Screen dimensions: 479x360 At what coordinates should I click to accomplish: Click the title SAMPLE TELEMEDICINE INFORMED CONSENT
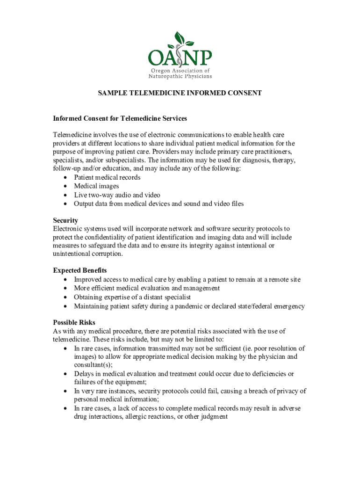180,93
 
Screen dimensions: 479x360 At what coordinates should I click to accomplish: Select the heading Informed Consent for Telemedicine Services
120,118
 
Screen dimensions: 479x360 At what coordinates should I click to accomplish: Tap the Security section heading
65,220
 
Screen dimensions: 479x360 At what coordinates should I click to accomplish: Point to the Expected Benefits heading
80,270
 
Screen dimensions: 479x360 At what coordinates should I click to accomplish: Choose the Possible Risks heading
74,322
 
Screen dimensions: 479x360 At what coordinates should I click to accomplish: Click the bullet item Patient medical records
107,177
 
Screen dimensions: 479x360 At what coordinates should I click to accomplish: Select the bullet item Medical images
96,186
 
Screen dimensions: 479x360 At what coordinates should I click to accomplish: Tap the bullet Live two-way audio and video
117,195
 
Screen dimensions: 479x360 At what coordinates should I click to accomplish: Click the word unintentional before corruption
72,254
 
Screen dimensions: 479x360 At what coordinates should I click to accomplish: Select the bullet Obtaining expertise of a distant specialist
132,297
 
